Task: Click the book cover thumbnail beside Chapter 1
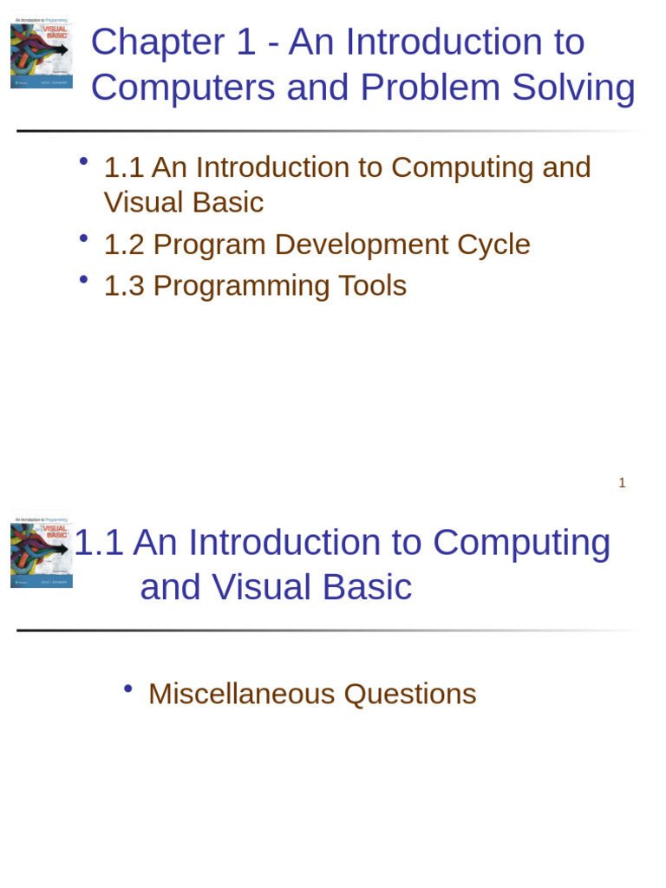pos(42,55)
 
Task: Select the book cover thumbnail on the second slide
pos(42,553)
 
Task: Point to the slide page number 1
pos(622,483)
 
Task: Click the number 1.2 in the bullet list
pos(123,245)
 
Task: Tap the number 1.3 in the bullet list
pos(123,286)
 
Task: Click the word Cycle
pos(493,245)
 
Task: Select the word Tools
pos(374,286)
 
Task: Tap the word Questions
pos(410,694)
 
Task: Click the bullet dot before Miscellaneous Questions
pos(127,689)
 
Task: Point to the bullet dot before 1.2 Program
pos(83,238)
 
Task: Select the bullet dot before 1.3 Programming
pos(83,279)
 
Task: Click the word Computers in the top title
pos(183,88)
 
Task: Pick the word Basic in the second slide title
pos(367,587)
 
